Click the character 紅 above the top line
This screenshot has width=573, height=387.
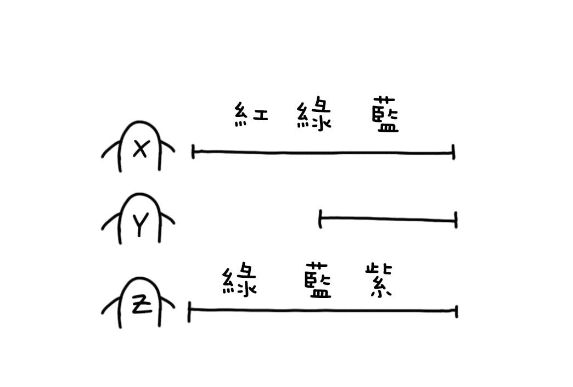click(251, 114)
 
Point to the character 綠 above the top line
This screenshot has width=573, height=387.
click(313, 113)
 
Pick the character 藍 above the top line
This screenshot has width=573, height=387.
click(385, 114)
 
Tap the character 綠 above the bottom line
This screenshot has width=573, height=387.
click(239, 279)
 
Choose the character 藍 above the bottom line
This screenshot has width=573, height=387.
click(318, 280)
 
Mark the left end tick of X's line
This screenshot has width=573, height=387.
click(193, 152)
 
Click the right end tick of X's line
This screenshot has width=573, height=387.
click(453, 152)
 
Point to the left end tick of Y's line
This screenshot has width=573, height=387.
click(320, 219)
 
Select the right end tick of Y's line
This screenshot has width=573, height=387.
click(456, 220)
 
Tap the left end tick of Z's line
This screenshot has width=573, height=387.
click(189, 312)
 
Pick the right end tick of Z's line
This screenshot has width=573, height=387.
click(457, 311)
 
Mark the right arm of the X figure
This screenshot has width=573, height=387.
click(167, 147)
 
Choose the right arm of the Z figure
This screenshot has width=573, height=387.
click(167, 302)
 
